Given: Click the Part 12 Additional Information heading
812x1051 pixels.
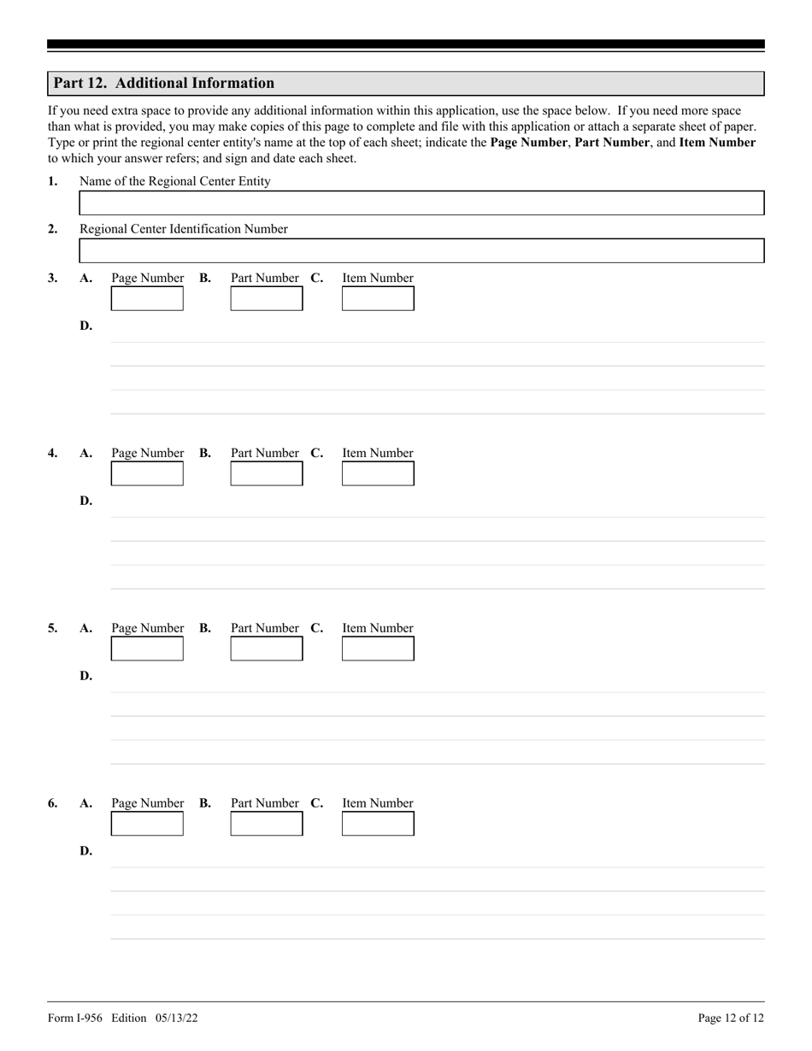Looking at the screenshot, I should tap(164, 83).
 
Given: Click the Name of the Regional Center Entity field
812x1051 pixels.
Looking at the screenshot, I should tap(421, 203).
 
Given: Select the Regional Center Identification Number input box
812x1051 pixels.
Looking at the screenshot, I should tap(421, 251).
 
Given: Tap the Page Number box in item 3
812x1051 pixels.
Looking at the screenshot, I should tap(147, 299).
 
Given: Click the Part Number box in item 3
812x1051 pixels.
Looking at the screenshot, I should tap(267, 299).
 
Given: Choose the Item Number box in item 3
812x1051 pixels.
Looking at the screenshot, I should tap(378, 299).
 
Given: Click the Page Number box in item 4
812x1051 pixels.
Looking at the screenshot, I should tap(147, 474).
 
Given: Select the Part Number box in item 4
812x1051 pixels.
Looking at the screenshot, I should tap(267, 474).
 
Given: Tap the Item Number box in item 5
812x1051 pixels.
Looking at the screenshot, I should tap(378, 649).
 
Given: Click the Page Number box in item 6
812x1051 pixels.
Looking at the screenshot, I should tap(147, 825).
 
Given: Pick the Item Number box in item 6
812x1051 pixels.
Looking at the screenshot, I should tap(378, 825).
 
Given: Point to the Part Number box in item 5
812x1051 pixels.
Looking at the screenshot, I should tap(267, 649).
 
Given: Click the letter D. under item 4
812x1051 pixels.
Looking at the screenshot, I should tap(85, 501).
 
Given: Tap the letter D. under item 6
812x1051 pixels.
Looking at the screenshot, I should tap(85, 851).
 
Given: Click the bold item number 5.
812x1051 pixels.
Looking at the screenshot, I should tap(52, 628).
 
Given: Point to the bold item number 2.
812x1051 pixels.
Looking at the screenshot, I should tap(52, 229).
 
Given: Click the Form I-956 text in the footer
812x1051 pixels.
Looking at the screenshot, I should tap(77, 1018).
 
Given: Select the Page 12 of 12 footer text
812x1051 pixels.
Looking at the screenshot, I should tap(731, 1018).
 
